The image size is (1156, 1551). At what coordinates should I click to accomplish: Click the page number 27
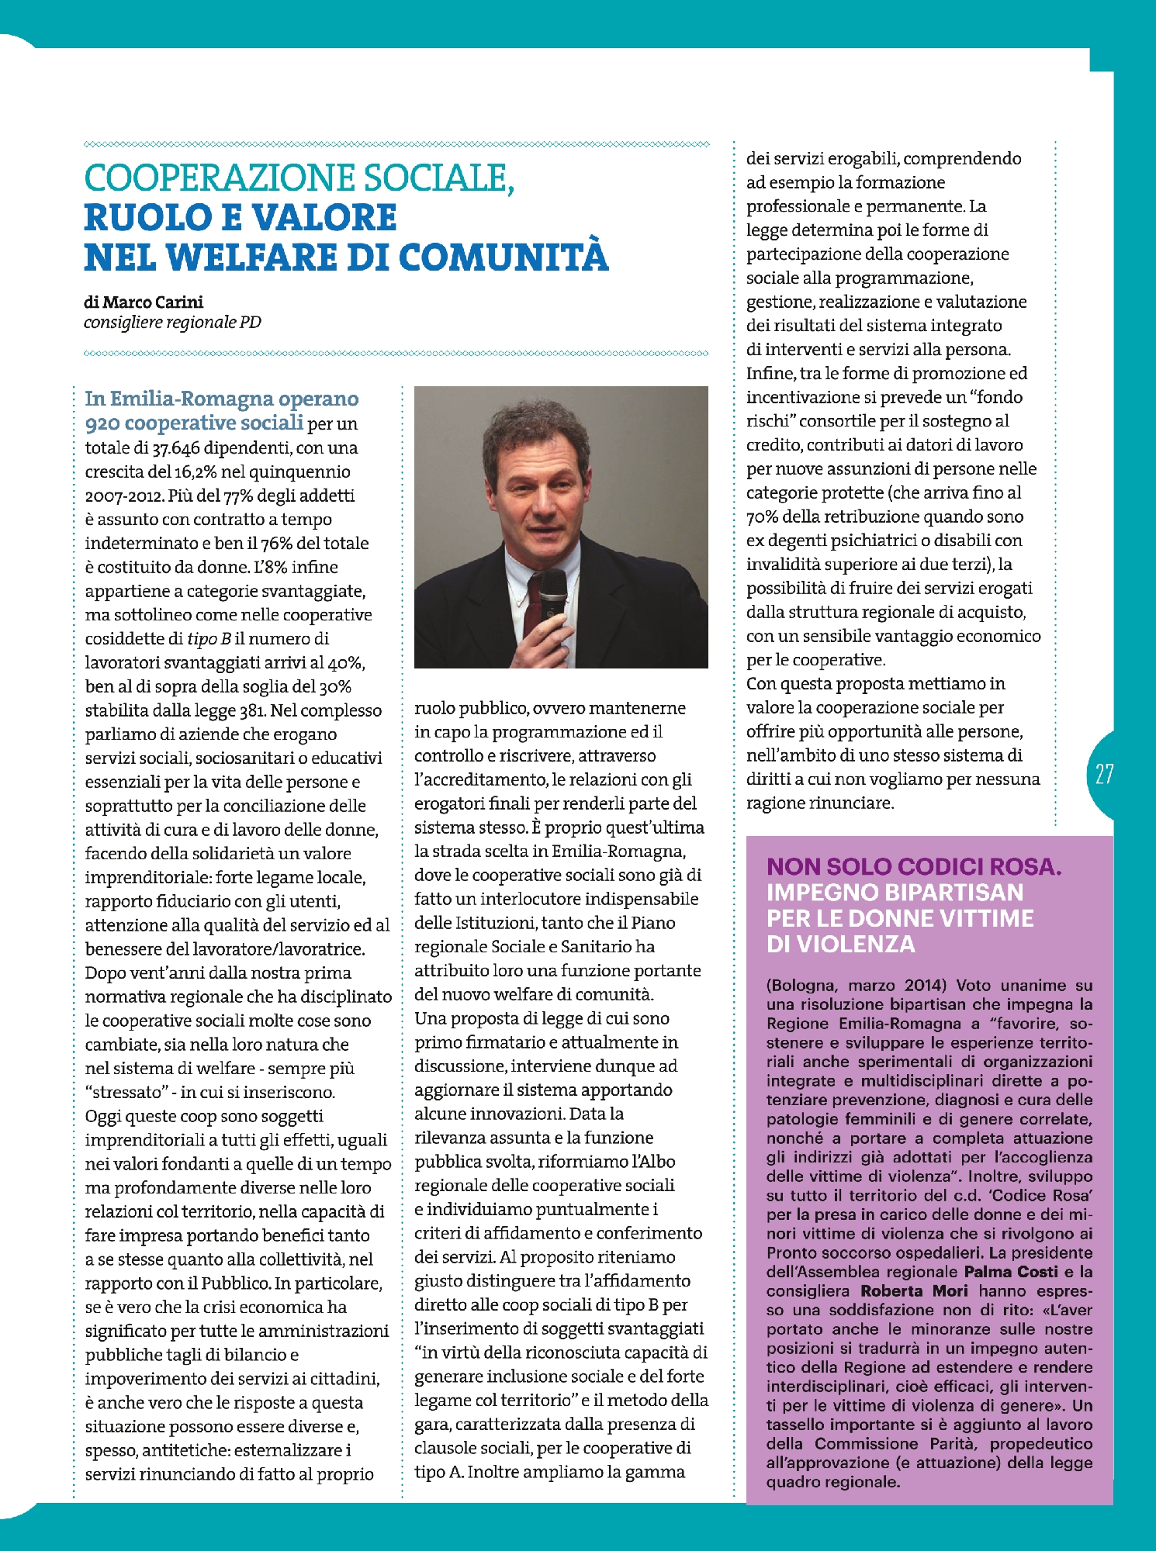coord(1104,774)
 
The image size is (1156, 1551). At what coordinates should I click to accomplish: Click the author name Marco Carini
coord(153,302)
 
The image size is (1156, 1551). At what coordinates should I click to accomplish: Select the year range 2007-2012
coord(124,496)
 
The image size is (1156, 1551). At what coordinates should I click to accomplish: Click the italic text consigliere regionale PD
coord(172,323)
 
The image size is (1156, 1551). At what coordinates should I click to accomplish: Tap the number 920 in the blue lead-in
coord(102,423)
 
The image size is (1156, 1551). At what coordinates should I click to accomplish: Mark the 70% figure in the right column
coord(762,517)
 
